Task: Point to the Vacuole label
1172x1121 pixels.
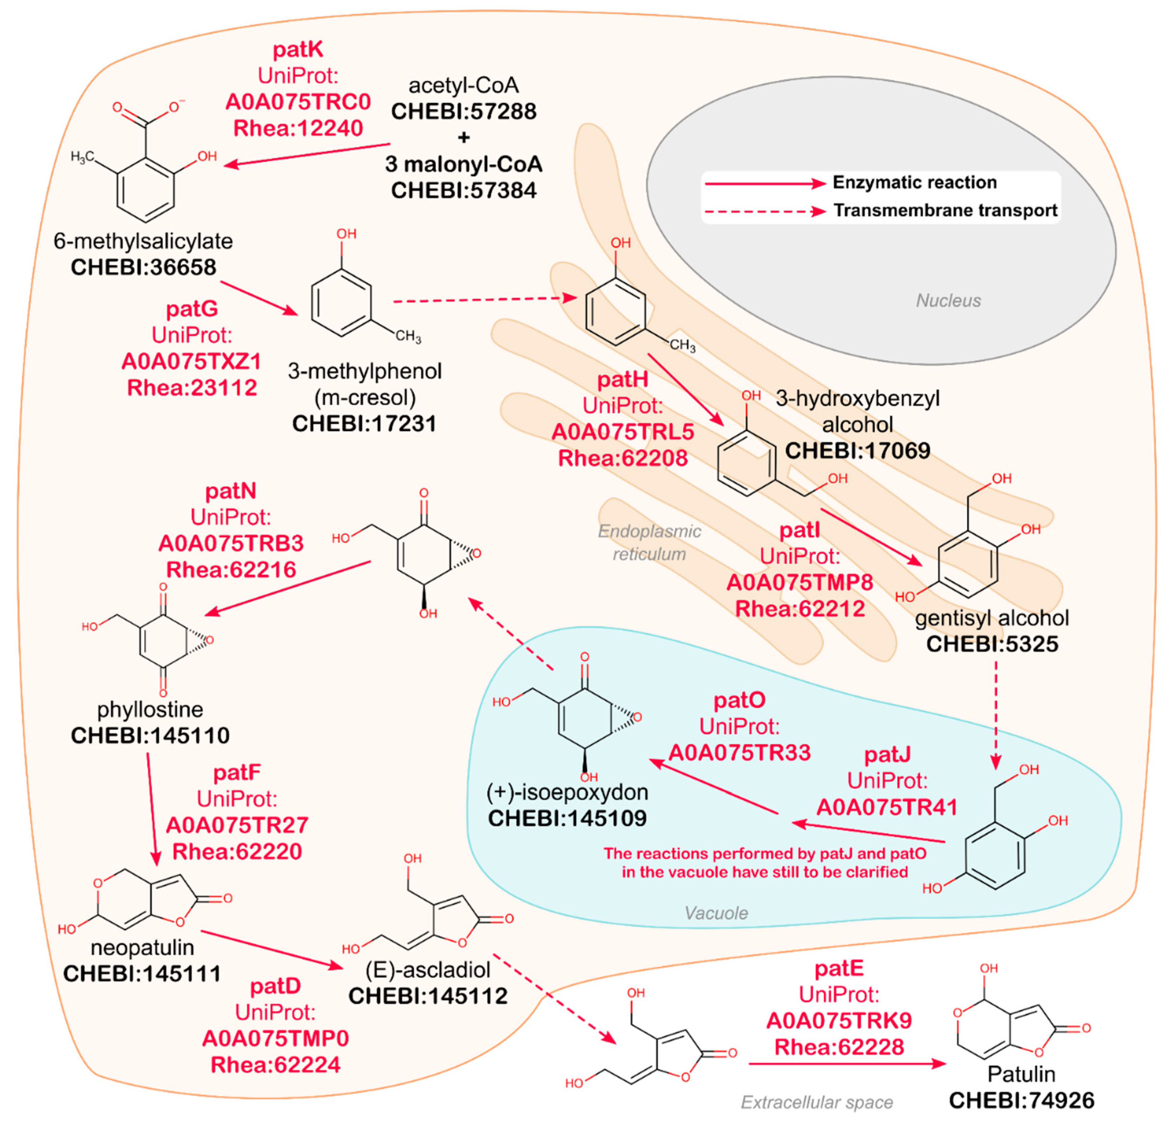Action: tap(716, 913)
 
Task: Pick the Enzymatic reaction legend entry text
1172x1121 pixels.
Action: tap(914, 182)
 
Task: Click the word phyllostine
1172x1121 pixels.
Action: tap(150, 709)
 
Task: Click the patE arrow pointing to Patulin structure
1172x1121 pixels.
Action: tap(847, 1064)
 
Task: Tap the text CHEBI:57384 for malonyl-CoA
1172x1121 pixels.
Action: tap(464, 191)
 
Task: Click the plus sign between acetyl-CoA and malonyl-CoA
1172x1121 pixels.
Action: tap(464, 137)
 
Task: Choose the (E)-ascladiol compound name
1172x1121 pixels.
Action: tap(428, 969)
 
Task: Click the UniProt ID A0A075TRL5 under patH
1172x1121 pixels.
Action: tap(623, 432)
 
